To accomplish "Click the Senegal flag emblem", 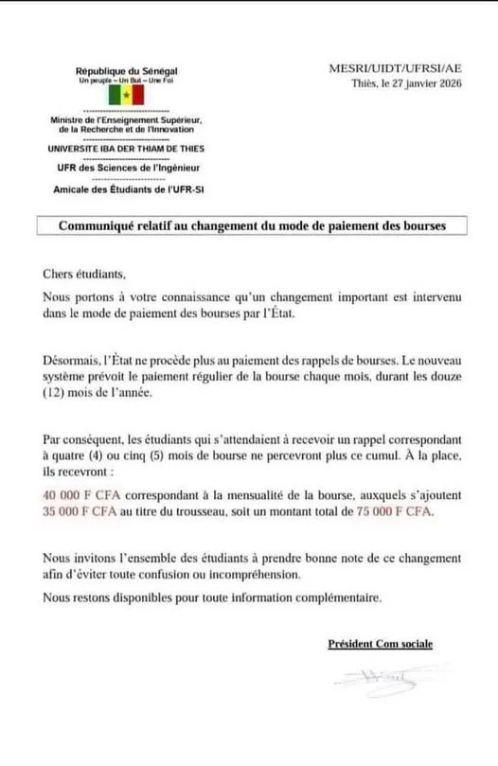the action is [126, 97].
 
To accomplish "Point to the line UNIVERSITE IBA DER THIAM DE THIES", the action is [125, 149].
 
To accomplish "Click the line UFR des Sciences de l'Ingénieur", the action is [125, 168].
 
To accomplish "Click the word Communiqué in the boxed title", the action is [100, 226].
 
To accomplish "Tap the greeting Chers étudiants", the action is [84, 276].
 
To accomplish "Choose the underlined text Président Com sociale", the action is [380, 644].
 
